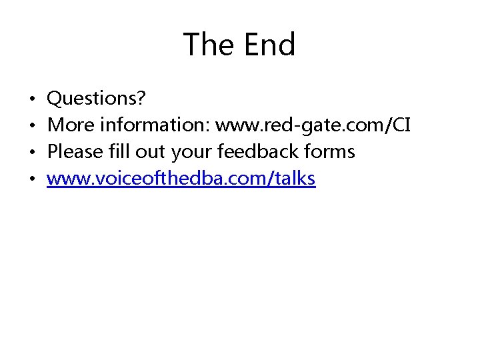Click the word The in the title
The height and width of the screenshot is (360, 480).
207,45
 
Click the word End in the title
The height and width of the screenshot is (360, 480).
269,45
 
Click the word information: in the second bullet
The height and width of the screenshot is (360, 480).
152,125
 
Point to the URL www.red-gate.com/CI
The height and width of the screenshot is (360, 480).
313,125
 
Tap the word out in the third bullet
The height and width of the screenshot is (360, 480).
151,152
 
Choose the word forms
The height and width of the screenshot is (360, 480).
329,152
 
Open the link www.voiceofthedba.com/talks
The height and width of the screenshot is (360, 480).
181,179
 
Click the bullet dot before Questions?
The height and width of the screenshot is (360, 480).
33,99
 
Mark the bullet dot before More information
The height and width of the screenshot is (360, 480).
33,126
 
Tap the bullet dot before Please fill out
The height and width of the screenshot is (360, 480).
33,153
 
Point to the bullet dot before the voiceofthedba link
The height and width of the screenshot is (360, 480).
33,179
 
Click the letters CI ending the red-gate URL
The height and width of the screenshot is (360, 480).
401,125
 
